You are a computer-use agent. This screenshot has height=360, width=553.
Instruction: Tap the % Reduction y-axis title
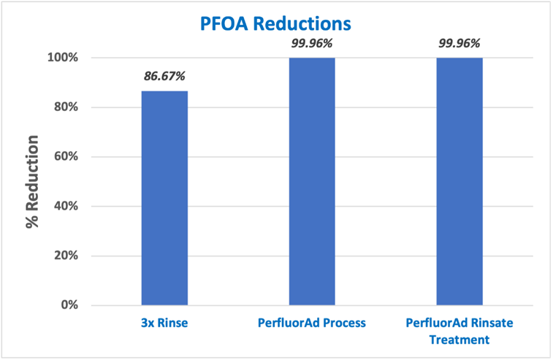click(x=33, y=181)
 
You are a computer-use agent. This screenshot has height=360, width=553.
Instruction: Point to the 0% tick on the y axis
click(x=68, y=305)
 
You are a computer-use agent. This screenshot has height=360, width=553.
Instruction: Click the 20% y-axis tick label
click(x=65, y=256)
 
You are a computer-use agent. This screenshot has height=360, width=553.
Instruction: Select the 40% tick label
click(x=65, y=206)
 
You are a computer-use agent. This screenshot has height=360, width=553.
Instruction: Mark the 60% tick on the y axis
click(x=65, y=156)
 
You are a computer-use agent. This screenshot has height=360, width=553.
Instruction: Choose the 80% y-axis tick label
click(x=65, y=107)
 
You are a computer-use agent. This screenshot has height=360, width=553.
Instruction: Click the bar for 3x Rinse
click(x=164, y=198)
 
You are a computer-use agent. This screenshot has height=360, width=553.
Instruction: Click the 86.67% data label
click(x=164, y=76)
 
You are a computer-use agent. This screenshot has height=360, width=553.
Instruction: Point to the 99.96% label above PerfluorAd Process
click(x=312, y=43)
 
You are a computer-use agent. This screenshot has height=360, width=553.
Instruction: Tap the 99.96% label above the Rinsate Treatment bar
click(x=459, y=43)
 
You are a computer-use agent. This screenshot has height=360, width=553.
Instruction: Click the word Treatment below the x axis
click(x=459, y=340)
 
